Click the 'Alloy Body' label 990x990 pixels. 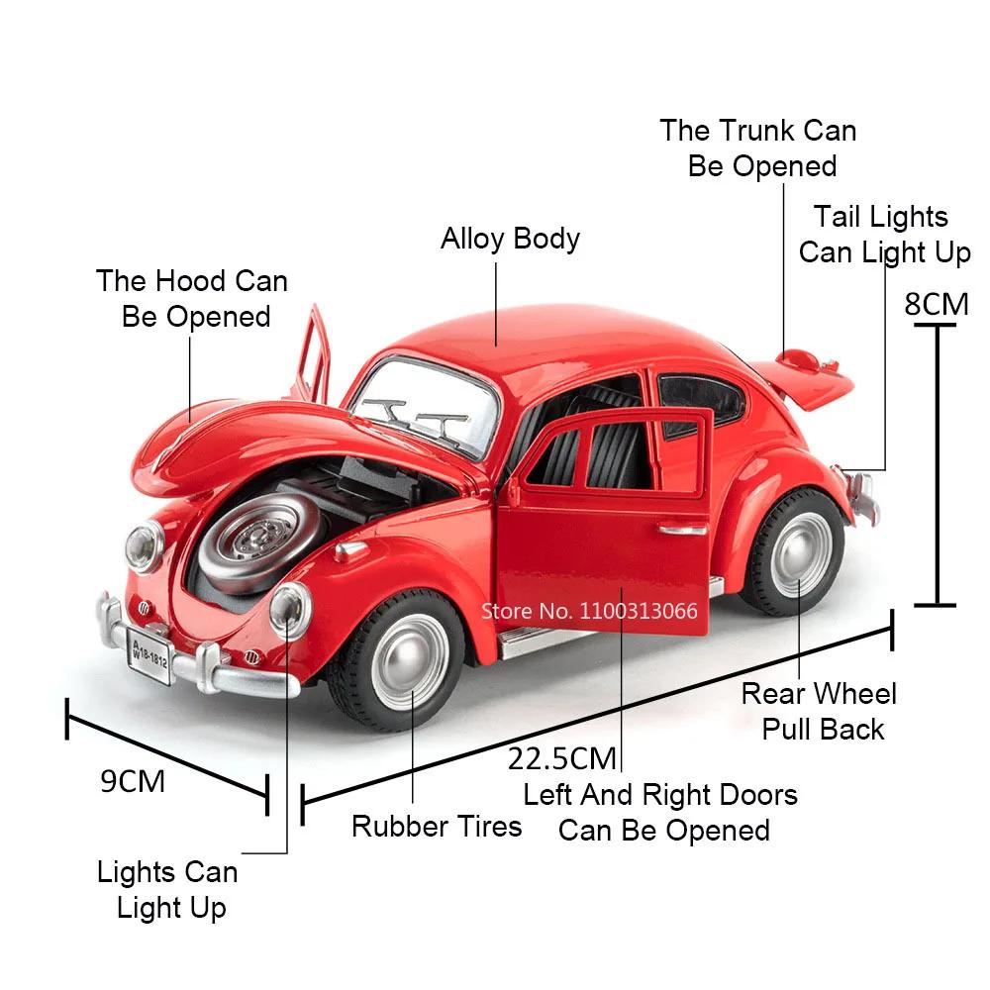click(x=510, y=240)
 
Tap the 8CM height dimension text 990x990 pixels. click(x=937, y=304)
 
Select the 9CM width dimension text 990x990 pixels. click(x=133, y=782)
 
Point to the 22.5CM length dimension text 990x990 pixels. click(x=562, y=759)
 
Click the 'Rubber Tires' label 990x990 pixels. click(x=437, y=827)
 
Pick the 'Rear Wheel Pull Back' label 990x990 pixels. click(x=820, y=712)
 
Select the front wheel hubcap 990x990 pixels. click(x=411, y=661)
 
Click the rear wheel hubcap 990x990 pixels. click(x=801, y=554)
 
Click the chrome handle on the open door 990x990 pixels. click(x=683, y=529)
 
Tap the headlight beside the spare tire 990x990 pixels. click(x=290, y=609)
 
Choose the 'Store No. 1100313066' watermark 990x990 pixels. click(x=589, y=611)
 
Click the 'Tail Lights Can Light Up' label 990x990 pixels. click(x=884, y=235)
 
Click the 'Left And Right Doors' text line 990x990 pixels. click(x=660, y=795)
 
